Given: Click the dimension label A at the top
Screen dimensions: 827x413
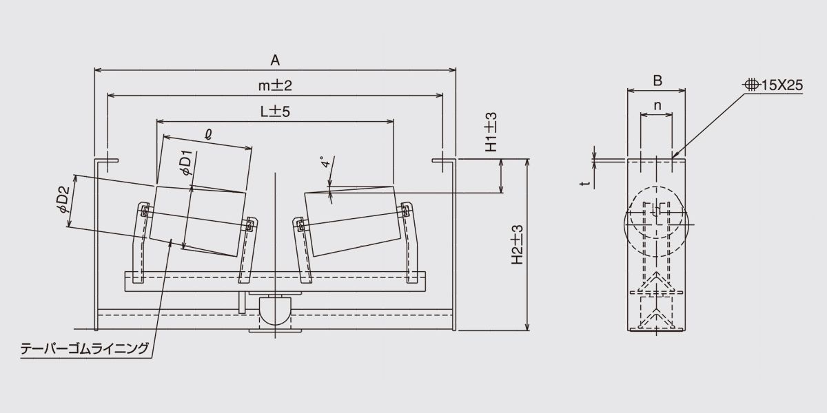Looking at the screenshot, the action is (275, 60).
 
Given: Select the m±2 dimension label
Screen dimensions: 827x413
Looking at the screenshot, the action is (275, 85).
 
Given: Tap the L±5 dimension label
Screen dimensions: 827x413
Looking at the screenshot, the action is (275, 112).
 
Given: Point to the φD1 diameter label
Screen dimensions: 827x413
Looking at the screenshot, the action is (187, 162).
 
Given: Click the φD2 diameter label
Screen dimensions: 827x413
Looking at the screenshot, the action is (63, 200).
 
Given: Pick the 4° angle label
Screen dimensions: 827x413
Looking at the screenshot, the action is (326, 162).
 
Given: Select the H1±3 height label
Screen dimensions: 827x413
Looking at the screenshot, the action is (491, 132).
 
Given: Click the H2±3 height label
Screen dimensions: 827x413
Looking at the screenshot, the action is (518, 244).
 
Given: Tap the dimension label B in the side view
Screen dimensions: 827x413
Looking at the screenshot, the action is (657, 81).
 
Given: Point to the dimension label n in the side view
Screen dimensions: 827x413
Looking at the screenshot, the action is (657, 106).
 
